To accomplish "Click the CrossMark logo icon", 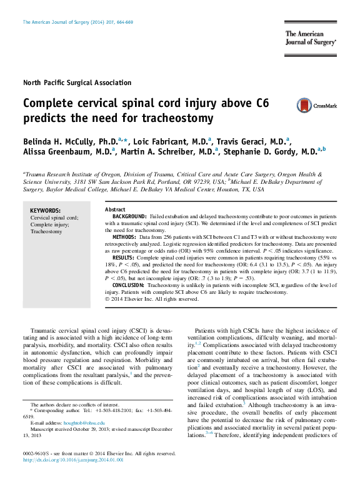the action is [304, 105].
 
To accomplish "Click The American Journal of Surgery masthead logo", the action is [311, 38].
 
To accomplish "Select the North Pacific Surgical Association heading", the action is [77, 83].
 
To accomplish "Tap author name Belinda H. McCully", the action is [71, 142].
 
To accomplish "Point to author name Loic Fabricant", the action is [170, 142].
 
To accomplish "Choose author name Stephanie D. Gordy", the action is [270, 151].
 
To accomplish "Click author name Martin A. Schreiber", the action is [167, 151].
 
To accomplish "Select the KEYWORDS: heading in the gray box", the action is [46, 211].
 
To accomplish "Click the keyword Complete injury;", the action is [49, 224].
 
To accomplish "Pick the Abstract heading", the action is [115, 209].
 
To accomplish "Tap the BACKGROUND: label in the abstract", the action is [129, 216].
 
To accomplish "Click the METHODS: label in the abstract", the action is [124, 237].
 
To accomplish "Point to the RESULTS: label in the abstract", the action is [123, 258].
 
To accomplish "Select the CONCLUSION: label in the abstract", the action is [128, 285].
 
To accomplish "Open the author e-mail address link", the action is [84, 423].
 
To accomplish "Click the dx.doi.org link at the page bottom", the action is [73, 460].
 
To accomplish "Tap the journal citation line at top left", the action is [78, 23].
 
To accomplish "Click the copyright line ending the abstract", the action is [152, 299].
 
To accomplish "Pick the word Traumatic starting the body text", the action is [44, 331].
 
